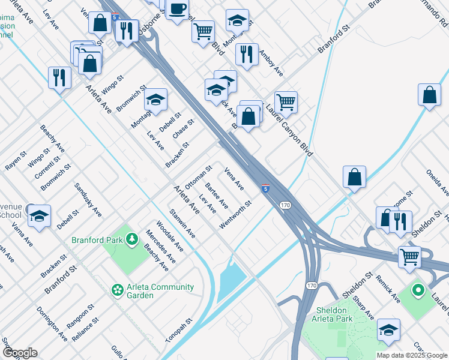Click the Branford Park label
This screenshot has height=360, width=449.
coord(97,241)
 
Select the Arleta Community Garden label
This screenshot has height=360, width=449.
coord(159,290)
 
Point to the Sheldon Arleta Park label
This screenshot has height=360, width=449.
coord(333,314)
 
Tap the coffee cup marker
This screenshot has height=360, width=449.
coord(177,9)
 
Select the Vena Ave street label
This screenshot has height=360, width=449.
coord(234,178)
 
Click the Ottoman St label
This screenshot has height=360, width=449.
coord(198,178)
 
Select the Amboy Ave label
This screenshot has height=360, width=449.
coord(270,62)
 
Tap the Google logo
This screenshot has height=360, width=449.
coord(20,353)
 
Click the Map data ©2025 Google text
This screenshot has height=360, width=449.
coord(411,355)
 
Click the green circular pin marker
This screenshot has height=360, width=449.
coord(418,292)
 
